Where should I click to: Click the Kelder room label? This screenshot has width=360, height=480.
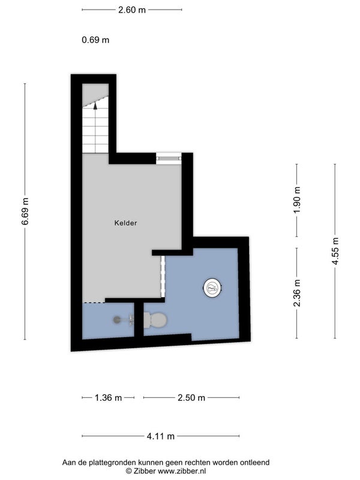pos(125,223)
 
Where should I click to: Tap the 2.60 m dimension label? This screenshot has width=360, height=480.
pos(132,10)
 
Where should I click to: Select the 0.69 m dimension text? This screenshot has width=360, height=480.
pos(95,40)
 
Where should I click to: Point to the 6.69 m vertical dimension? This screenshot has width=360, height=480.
pos(25,211)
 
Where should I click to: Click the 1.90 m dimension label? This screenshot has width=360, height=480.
pos(296,200)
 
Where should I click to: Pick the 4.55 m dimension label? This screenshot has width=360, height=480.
pos(335,251)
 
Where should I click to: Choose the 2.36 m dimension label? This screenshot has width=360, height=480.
pos(296,293)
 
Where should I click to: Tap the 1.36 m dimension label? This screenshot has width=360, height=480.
pos(109,398)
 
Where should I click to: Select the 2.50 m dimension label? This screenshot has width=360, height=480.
pos(191,398)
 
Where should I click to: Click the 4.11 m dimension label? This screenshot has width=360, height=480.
pos(161,436)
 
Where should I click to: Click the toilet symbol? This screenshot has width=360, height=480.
pos(155,320)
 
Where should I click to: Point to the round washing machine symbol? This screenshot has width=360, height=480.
pos(212,287)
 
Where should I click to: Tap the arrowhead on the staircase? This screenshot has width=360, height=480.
pos(95,106)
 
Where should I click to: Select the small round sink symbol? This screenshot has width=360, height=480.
pos(117,320)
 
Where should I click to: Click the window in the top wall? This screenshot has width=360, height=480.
pos(169,158)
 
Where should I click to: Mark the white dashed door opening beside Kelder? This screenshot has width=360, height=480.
pos(163,277)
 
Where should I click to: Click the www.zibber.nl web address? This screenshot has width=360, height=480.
pos(182,471)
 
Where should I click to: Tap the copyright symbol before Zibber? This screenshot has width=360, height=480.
pos(129,471)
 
